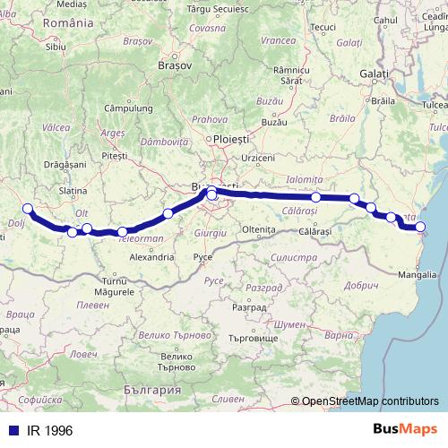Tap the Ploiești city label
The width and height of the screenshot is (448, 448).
229,139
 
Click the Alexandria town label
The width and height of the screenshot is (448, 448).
151,256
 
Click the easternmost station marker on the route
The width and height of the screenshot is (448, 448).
420,227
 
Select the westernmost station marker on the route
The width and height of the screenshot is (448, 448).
27,209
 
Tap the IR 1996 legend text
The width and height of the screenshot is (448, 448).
49,431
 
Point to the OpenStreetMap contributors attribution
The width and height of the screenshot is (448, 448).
370,401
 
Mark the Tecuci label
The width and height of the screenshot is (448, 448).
323,28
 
